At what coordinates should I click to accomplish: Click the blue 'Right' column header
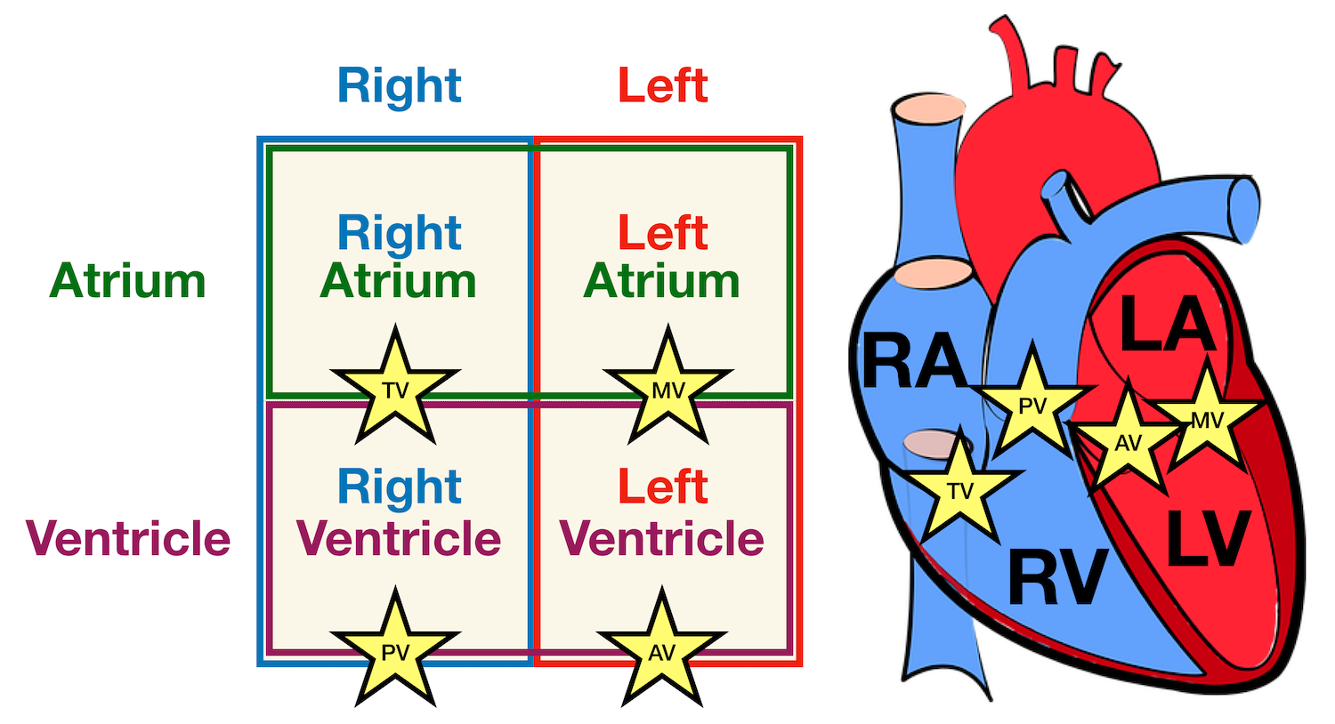399,86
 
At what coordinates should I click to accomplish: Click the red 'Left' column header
663,86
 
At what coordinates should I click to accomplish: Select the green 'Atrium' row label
127,281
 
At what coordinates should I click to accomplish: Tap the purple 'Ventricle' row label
129,538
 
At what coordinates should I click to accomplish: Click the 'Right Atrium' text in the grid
399,257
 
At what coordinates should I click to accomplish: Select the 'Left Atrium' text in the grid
662,257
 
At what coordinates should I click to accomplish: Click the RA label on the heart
914,361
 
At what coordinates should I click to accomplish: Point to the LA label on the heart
1167,325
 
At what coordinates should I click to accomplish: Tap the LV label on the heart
1209,538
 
